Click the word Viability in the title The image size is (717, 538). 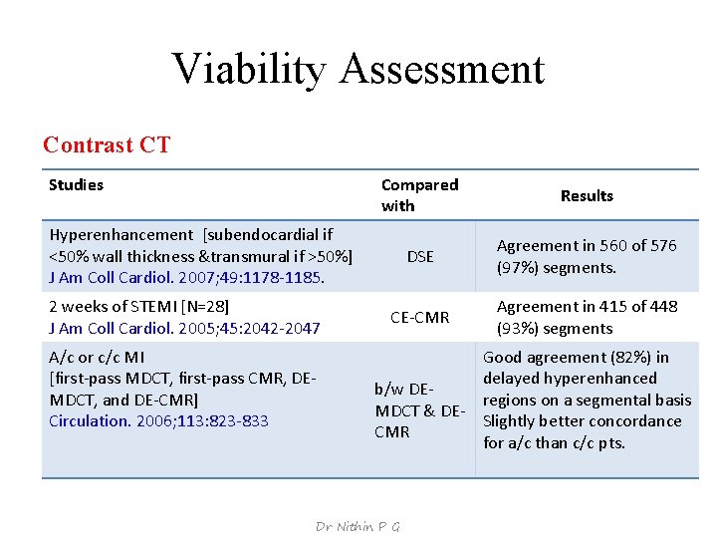[249, 69]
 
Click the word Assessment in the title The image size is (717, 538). [442, 69]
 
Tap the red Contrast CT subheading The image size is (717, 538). [107, 144]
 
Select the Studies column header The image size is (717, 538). [76, 184]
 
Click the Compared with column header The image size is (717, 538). [419, 195]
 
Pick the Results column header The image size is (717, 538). [587, 195]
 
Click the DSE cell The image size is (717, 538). [420, 256]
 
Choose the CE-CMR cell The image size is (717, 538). [419, 318]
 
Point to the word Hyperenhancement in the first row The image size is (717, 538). [120, 235]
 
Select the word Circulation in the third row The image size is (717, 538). [89, 420]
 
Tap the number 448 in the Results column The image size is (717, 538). [663, 307]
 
